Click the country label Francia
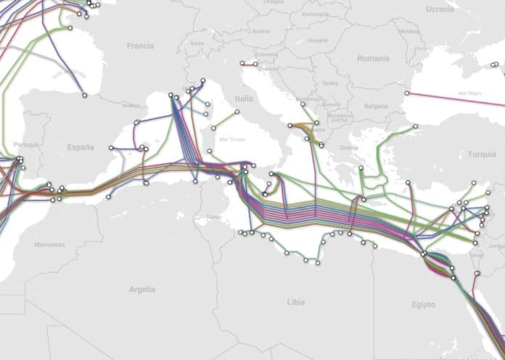coord(140,45)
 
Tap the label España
coord(81,147)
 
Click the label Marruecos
coord(49,245)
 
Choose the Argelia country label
coord(141,289)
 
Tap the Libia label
coord(296,300)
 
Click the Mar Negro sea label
coord(470,94)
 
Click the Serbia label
coord(330,83)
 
